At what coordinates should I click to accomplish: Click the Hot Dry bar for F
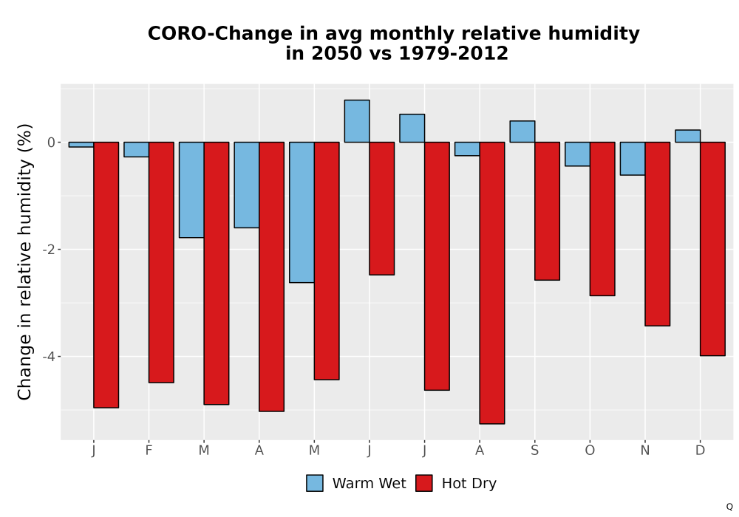click(x=161, y=262)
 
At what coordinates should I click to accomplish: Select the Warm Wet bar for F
click(x=136, y=149)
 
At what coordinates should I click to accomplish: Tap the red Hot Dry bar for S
click(x=547, y=211)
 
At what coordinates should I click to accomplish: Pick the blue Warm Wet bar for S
click(x=522, y=131)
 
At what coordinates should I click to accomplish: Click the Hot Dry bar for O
click(x=602, y=219)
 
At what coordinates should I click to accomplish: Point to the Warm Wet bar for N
click(x=633, y=158)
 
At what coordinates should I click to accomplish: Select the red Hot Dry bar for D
click(x=712, y=249)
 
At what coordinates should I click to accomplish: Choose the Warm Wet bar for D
click(x=687, y=136)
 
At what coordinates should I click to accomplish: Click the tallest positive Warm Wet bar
click(x=357, y=121)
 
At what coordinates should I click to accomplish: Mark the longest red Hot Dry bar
click(x=492, y=283)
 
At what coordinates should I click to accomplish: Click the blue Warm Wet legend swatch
click(x=315, y=483)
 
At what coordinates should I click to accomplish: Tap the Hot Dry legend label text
click(x=469, y=484)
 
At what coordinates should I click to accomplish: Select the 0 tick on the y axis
click(x=52, y=143)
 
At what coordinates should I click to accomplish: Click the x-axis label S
click(x=534, y=451)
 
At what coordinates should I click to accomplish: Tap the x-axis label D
click(x=701, y=451)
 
